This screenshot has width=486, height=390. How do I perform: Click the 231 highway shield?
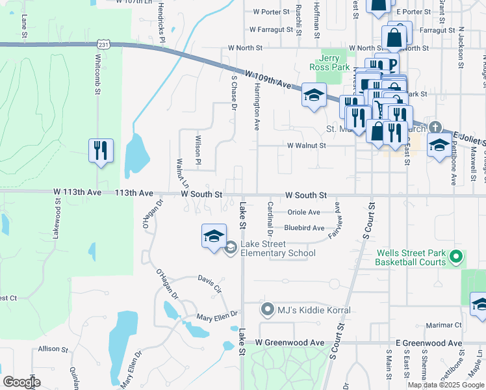[x=104, y=44]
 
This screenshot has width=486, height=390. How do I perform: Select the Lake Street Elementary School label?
[x=278, y=248]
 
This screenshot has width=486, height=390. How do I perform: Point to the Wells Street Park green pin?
[x=456, y=258]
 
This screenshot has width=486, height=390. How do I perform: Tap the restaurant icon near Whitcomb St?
[x=101, y=151]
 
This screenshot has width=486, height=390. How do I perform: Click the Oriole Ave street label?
[x=304, y=213]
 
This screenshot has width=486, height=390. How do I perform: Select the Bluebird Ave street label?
[x=304, y=228]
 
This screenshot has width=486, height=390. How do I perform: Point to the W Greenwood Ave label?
[x=290, y=343]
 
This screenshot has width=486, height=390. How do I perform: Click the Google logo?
[x=21, y=382]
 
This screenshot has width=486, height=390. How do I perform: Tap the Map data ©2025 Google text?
[x=446, y=385]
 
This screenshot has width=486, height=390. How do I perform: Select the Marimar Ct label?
[x=444, y=325]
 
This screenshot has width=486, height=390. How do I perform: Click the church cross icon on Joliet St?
[x=435, y=128]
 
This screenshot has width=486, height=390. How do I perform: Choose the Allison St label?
[x=49, y=349]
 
